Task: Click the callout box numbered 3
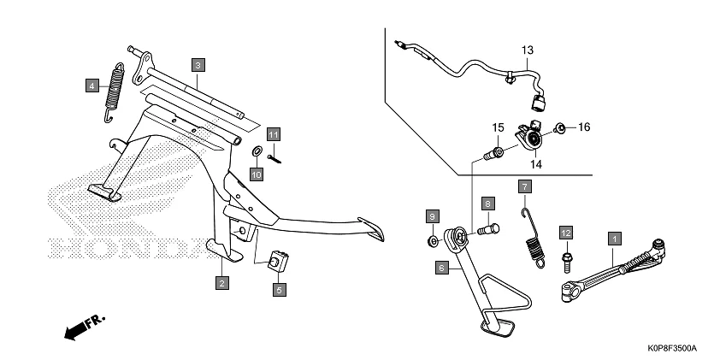(x=198, y=65)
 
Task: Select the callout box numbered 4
(x=91, y=84)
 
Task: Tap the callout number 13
(x=528, y=49)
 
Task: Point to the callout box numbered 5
(x=279, y=290)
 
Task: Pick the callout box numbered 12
(x=565, y=232)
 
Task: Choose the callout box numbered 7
(x=525, y=186)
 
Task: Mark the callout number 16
(x=584, y=127)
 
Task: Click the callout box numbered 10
(x=256, y=174)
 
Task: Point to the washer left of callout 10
(x=257, y=152)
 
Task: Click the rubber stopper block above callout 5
(x=279, y=260)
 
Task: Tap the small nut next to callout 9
(x=433, y=241)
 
